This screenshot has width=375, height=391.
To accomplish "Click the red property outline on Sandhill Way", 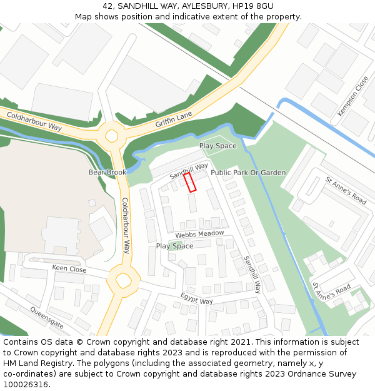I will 190,182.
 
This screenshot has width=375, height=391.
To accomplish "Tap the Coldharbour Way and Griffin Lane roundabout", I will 112,135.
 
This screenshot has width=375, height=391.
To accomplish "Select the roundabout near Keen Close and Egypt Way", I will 123,279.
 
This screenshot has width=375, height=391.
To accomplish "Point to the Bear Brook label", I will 107,172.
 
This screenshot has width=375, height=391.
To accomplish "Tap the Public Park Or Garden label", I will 248,173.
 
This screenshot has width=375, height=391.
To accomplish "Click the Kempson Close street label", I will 353,96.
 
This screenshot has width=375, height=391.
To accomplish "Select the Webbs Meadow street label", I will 199,234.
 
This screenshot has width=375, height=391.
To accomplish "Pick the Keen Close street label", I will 69,269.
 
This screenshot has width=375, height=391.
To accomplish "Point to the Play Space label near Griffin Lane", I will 218,146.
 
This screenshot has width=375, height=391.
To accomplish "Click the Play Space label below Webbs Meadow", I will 174,246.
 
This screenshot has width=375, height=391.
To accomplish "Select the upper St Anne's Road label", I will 346,190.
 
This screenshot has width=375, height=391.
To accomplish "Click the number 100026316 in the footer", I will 26,384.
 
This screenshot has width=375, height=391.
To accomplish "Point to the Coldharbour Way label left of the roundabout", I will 34,122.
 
